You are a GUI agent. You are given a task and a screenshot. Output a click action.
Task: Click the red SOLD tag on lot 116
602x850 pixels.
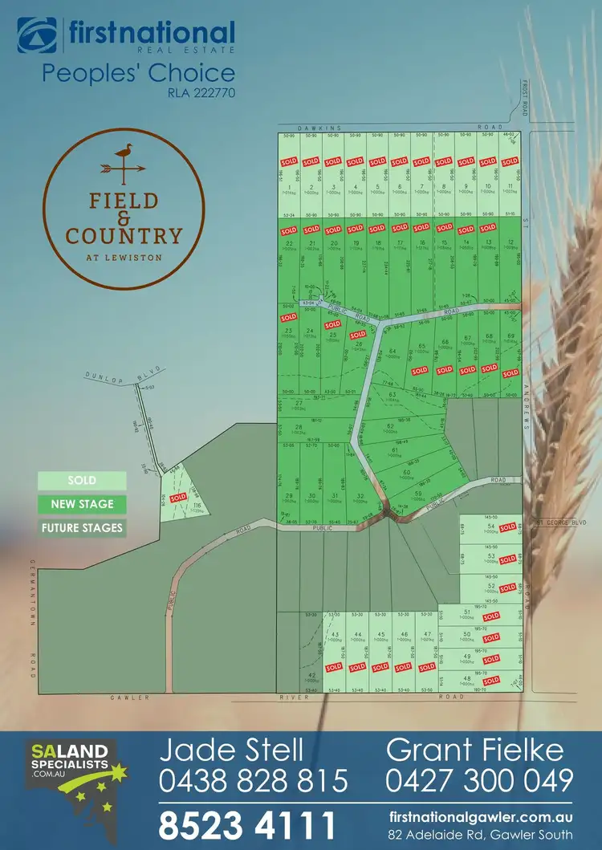(177, 497)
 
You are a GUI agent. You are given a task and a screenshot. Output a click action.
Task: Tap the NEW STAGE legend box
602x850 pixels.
(83, 504)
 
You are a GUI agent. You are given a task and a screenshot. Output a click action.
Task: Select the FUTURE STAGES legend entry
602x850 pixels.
(83, 527)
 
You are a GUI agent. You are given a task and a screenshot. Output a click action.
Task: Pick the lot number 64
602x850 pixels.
(393, 352)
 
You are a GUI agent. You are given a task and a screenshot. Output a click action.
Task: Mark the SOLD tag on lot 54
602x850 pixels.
(507, 527)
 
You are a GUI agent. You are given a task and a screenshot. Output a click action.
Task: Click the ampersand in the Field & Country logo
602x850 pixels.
(123, 218)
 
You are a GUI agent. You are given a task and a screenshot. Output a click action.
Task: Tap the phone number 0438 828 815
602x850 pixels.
(253, 779)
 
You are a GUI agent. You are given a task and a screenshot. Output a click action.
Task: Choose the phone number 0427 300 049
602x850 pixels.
(479, 779)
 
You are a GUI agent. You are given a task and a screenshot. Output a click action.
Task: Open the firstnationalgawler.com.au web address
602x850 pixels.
(480, 816)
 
